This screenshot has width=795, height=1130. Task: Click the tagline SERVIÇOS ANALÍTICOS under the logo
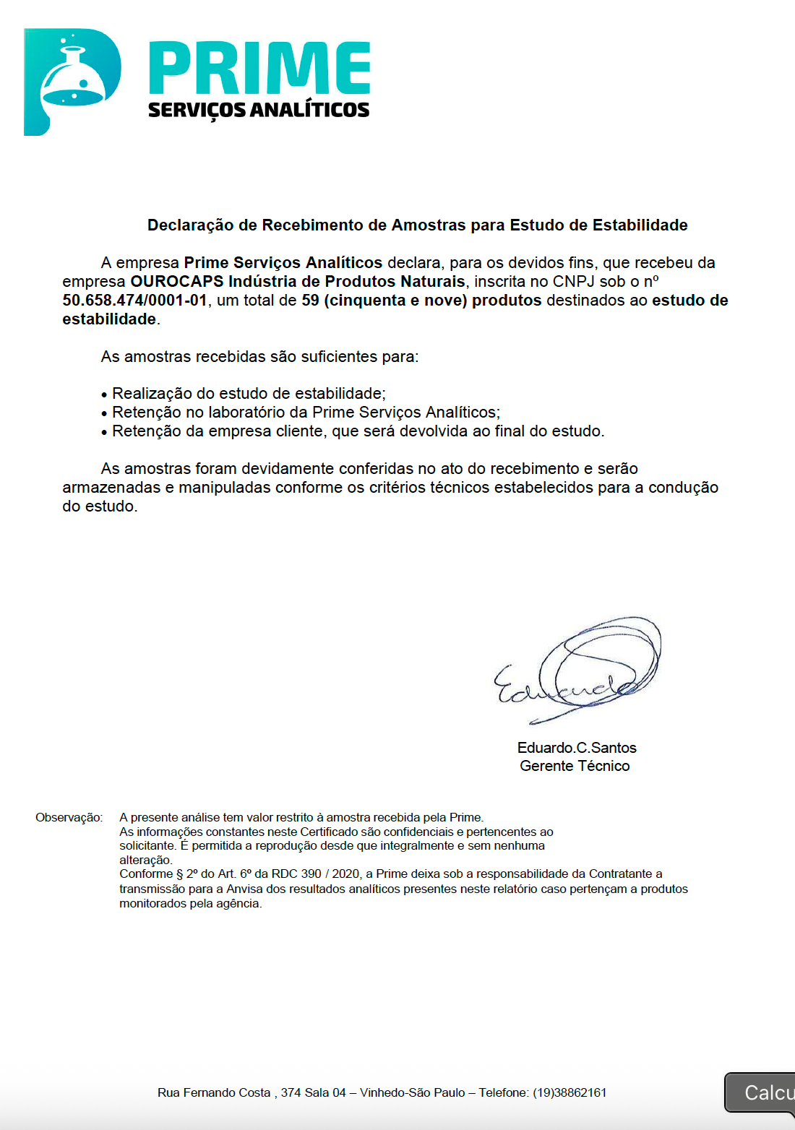259,110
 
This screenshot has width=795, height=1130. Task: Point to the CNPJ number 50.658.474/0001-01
134,301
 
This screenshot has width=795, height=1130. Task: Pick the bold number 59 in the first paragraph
310,301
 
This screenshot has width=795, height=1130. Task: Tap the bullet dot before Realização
105,394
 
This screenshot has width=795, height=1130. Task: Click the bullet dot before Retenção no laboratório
105,413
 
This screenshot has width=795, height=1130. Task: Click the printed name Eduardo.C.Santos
577,748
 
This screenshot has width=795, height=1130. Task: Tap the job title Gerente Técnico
575,766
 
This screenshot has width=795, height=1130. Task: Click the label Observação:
69,818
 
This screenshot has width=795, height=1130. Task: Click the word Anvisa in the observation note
244,889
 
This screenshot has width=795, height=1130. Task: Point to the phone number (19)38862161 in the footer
570,1092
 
